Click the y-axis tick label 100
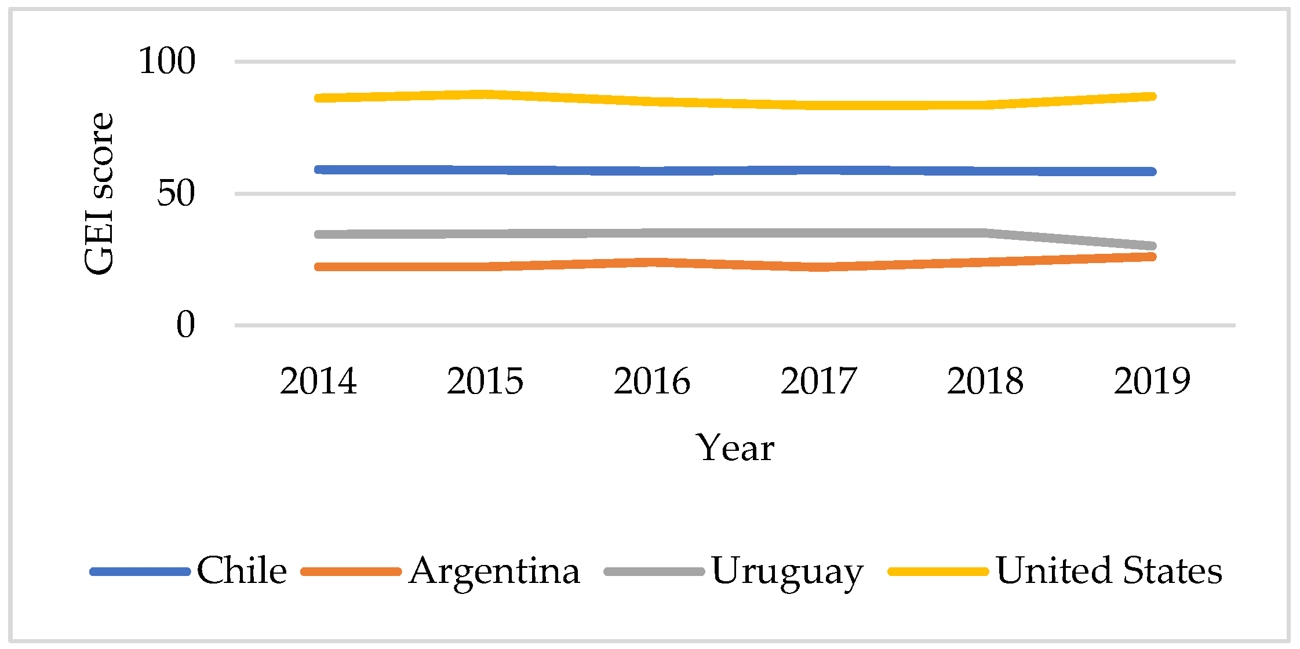point(167,61)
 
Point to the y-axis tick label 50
point(176,194)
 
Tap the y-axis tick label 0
point(185,324)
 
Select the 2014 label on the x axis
point(318,381)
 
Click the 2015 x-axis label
point(485,381)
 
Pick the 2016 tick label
point(652,381)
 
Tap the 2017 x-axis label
point(818,381)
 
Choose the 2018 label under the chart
point(985,381)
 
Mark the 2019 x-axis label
point(1152,381)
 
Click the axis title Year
point(735,448)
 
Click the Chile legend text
point(242,571)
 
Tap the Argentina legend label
point(494,571)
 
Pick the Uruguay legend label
point(787,572)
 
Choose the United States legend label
point(1109,571)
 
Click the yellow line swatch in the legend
point(938,571)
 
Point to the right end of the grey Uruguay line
point(1152,246)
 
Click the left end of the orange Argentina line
point(318,267)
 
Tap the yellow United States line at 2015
point(485,94)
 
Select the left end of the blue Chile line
point(318,170)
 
